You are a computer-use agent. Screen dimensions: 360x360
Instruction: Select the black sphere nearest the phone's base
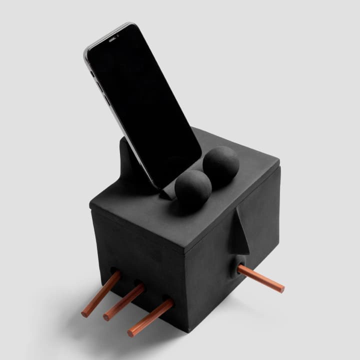tap(192, 187)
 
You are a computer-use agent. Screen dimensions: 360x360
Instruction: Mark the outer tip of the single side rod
tap(281, 289)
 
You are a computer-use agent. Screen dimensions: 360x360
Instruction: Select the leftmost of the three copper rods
tap(101, 293)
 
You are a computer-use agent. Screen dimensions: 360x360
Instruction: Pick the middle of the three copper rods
tap(124, 302)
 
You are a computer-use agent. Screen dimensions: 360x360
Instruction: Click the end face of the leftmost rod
tap(84, 314)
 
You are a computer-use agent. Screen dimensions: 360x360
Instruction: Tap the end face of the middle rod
tap(106, 317)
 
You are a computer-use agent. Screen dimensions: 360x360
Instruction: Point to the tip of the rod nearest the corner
tap(130, 332)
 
